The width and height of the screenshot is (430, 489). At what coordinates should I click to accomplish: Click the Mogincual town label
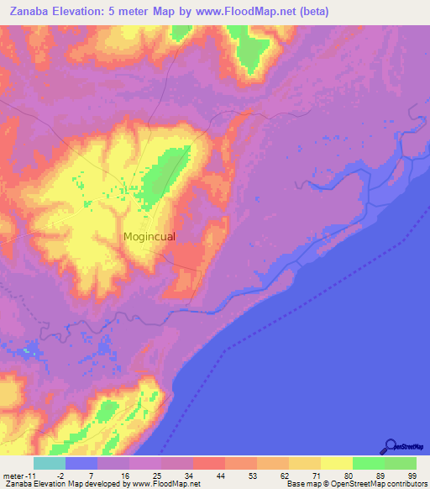click(x=149, y=237)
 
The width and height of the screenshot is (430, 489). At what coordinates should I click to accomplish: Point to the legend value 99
click(x=412, y=476)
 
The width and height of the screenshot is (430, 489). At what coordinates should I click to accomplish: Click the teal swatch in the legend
click(x=49, y=463)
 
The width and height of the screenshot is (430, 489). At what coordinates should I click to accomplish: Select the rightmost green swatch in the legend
click(x=400, y=463)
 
